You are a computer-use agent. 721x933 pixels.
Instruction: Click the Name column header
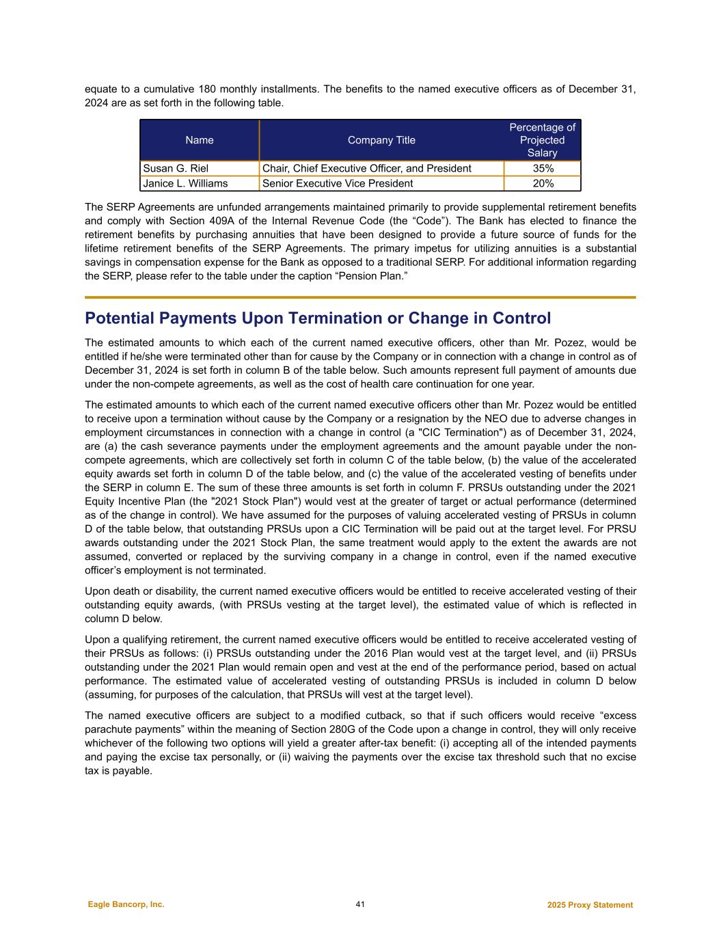pyautogui.click(x=200, y=140)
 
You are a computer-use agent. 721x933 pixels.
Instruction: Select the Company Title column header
pyautogui.click(x=381, y=140)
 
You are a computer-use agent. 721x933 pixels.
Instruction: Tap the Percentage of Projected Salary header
pyautogui.click(x=543, y=140)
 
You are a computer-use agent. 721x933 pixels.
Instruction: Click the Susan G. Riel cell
pyautogui.click(x=176, y=168)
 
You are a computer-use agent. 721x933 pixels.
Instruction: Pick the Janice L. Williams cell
pyautogui.click(x=185, y=183)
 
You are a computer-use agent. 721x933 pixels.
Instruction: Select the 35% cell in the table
pyautogui.click(x=543, y=168)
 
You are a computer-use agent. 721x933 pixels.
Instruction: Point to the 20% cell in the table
pyautogui.click(x=543, y=183)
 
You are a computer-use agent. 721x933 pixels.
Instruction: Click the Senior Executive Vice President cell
pyautogui.click(x=338, y=183)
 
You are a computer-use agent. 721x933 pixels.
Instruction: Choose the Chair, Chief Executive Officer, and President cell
pyautogui.click(x=366, y=168)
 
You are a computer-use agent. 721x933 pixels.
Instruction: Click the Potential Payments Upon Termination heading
pyautogui.click(x=317, y=319)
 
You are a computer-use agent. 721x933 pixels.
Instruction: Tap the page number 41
pyautogui.click(x=360, y=904)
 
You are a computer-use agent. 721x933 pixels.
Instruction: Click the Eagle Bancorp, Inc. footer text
pyautogui.click(x=126, y=904)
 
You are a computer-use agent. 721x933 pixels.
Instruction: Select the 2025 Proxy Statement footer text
pyautogui.click(x=590, y=905)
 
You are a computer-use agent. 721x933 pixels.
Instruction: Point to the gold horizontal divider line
pyautogui.click(x=360, y=297)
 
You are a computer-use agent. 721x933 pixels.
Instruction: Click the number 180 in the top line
pyautogui.click(x=208, y=90)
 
